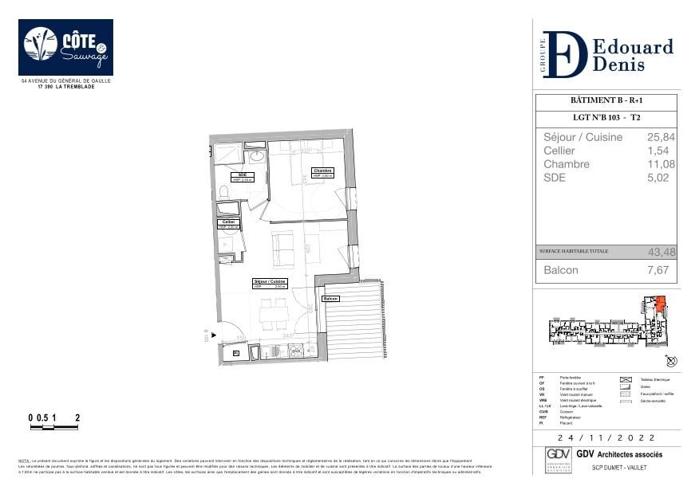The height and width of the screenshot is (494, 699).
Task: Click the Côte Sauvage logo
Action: (x=65, y=47)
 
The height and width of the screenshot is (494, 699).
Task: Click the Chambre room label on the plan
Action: (x=322, y=172)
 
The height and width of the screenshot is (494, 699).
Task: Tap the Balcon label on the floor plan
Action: (x=330, y=299)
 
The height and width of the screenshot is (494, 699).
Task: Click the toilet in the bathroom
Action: (x=223, y=191)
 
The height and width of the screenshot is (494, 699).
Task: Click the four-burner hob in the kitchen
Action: (x=296, y=350)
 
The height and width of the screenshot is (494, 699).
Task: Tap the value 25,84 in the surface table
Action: (x=661, y=137)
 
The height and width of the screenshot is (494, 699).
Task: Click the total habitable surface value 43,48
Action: (x=661, y=252)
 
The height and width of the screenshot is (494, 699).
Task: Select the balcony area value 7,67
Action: (x=661, y=271)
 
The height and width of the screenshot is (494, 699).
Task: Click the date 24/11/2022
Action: (x=606, y=438)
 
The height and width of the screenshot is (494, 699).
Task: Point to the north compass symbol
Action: (x=670, y=361)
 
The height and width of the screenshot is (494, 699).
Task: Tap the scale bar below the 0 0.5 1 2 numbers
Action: (x=54, y=428)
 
